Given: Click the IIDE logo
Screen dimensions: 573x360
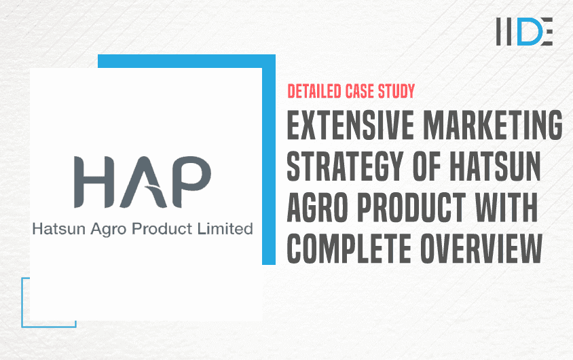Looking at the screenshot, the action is (x=524, y=31).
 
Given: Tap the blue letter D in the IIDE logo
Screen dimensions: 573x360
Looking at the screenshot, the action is (x=529, y=31).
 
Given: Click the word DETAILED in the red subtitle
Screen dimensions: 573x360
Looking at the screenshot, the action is (x=314, y=92).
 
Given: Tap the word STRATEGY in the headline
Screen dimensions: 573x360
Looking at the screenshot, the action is (x=345, y=166).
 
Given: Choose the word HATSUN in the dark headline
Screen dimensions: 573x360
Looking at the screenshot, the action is (x=495, y=166).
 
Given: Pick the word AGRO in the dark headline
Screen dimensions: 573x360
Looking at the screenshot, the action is (x=317, y=208).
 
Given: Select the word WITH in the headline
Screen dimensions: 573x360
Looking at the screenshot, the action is (x=506, y=208).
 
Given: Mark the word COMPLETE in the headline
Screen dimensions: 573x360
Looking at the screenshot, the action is (x=349, y=249).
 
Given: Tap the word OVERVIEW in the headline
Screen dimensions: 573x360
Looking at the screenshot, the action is (x=481, y=249).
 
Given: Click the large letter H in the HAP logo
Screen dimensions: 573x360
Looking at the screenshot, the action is (x=94, y=182).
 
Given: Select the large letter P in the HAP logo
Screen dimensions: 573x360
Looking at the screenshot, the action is (x=191, y=182).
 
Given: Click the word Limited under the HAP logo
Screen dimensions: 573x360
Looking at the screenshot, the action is (x=225, y=229).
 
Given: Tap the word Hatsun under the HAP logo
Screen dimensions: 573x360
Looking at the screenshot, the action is (x=59, y=229).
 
